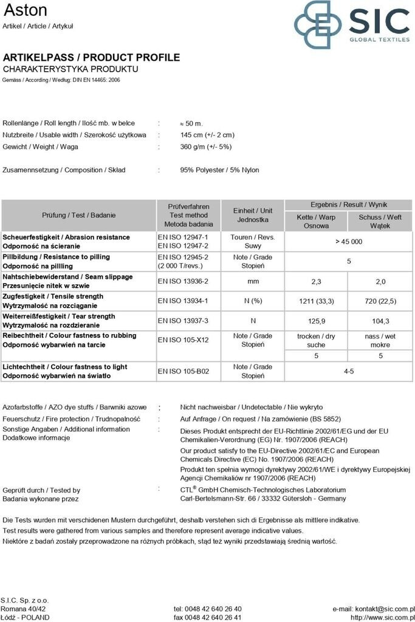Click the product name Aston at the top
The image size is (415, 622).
tap(25, 10)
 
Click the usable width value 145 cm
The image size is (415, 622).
tap(207, 135)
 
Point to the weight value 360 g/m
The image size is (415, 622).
tap(206, 147)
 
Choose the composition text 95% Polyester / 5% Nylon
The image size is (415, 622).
tap(219, 170)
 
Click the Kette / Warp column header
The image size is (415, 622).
tap(316, 221)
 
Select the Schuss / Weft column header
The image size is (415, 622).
tap(380, 221)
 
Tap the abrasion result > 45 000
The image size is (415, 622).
tap(348, 241)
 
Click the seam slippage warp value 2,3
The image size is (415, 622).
tap(316, 281)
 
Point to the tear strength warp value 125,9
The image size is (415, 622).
tap(316, 321)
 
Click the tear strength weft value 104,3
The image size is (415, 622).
tap(380, 321)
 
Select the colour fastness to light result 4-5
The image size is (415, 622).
tap(348, 371)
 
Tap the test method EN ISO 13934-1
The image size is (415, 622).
tap(183, 301)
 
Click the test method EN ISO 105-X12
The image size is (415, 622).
tap(183, 340)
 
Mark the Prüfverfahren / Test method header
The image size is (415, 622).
tap(188, 215)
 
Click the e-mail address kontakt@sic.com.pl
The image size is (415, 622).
tap(373, 609)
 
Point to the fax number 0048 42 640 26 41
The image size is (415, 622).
tap(207, 617)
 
